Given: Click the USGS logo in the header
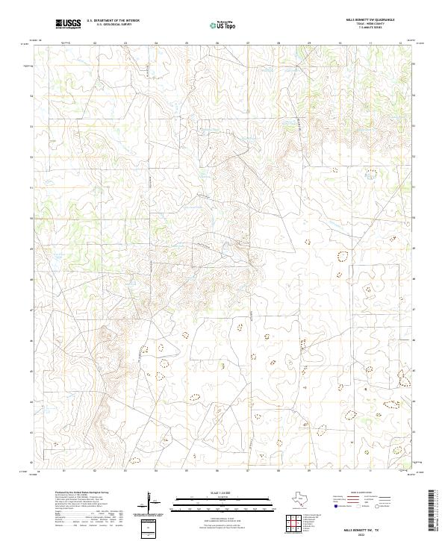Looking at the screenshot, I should click(x=69, y=24).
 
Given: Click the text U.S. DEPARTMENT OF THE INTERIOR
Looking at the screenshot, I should click(x=113, y=21).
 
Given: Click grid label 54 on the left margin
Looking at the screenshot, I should click(x=32, y=96).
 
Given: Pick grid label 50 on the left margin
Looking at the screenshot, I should click(x=32, y=218).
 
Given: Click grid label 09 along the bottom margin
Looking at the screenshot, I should click(x=309, y=472).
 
